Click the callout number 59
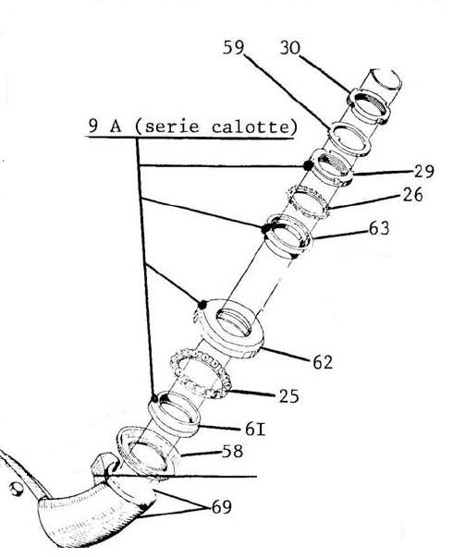pyautogui.click(x=233, y=47)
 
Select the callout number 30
pyautogui.click(x=289, y=48)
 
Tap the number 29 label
pyautogui.click(x=423, y=171)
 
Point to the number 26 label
pyautogui.click(x=413, y=195)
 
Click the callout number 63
pyautogui.click(x=379, y=228)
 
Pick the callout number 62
pyautogui.click(x=323, y=362)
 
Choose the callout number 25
pyautogui.click(x=288, y=396)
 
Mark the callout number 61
pyautogui.click(x=255, y=430)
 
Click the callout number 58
pyautogui.click(x=233, y=451)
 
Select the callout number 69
pyautogui.click(x=222, y=506)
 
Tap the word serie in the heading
pyautogui.click(x=172, y=127)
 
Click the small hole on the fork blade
pyautogui.click(x=16, y=489)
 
